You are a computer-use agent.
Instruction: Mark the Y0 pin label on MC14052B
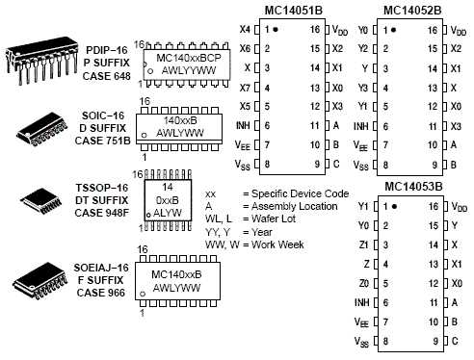click(362, 30)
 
